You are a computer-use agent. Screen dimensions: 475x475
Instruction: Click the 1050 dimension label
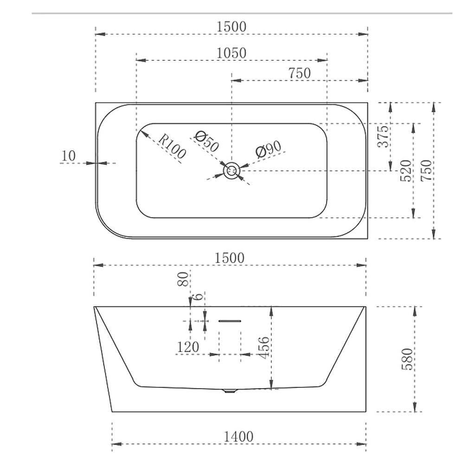pyautogui.click(x=231, y=53)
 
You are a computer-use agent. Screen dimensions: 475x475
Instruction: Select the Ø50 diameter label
pyautogui.click(x=206, y=141)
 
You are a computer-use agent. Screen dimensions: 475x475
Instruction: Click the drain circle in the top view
pyautogui.click(x=231, y=171)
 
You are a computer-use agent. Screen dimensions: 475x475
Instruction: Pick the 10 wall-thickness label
pyautogui.click(x=68, y=156)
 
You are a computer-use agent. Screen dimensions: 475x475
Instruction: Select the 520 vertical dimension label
pyautogui.click(x=405, y=170)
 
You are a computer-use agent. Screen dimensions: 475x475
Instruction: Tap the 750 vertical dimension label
pyautogui.click(x=426, y=170)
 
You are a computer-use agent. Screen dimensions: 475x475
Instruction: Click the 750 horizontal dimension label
pyautogui.click(x=299, y=73)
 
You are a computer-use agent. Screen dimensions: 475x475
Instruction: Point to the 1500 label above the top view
pyautogui.click(x=231, y=27)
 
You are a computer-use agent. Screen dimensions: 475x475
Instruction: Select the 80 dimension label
pyautogui.click(x=184, y=279)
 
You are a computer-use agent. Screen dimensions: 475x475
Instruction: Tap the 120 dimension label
pyautogui.click(x=187, y=347)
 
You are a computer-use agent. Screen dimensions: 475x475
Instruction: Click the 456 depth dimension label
pyautogui.click(x=263, y=347)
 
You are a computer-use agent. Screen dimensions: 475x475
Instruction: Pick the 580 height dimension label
pyautogui.click(x=406, y=359)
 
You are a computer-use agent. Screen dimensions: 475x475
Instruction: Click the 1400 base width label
pyautogui.click(x=238, y=436)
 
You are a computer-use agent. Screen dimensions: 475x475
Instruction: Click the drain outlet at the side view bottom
pyautogui.click(x=229, y=391)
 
